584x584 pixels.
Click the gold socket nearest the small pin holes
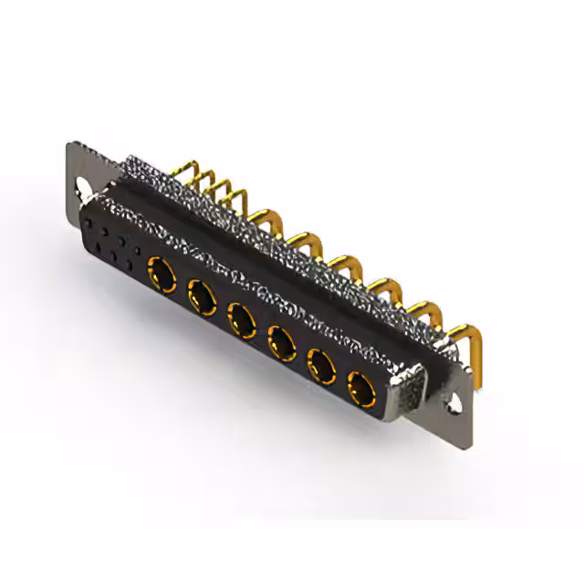162,270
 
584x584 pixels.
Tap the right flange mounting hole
454,402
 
